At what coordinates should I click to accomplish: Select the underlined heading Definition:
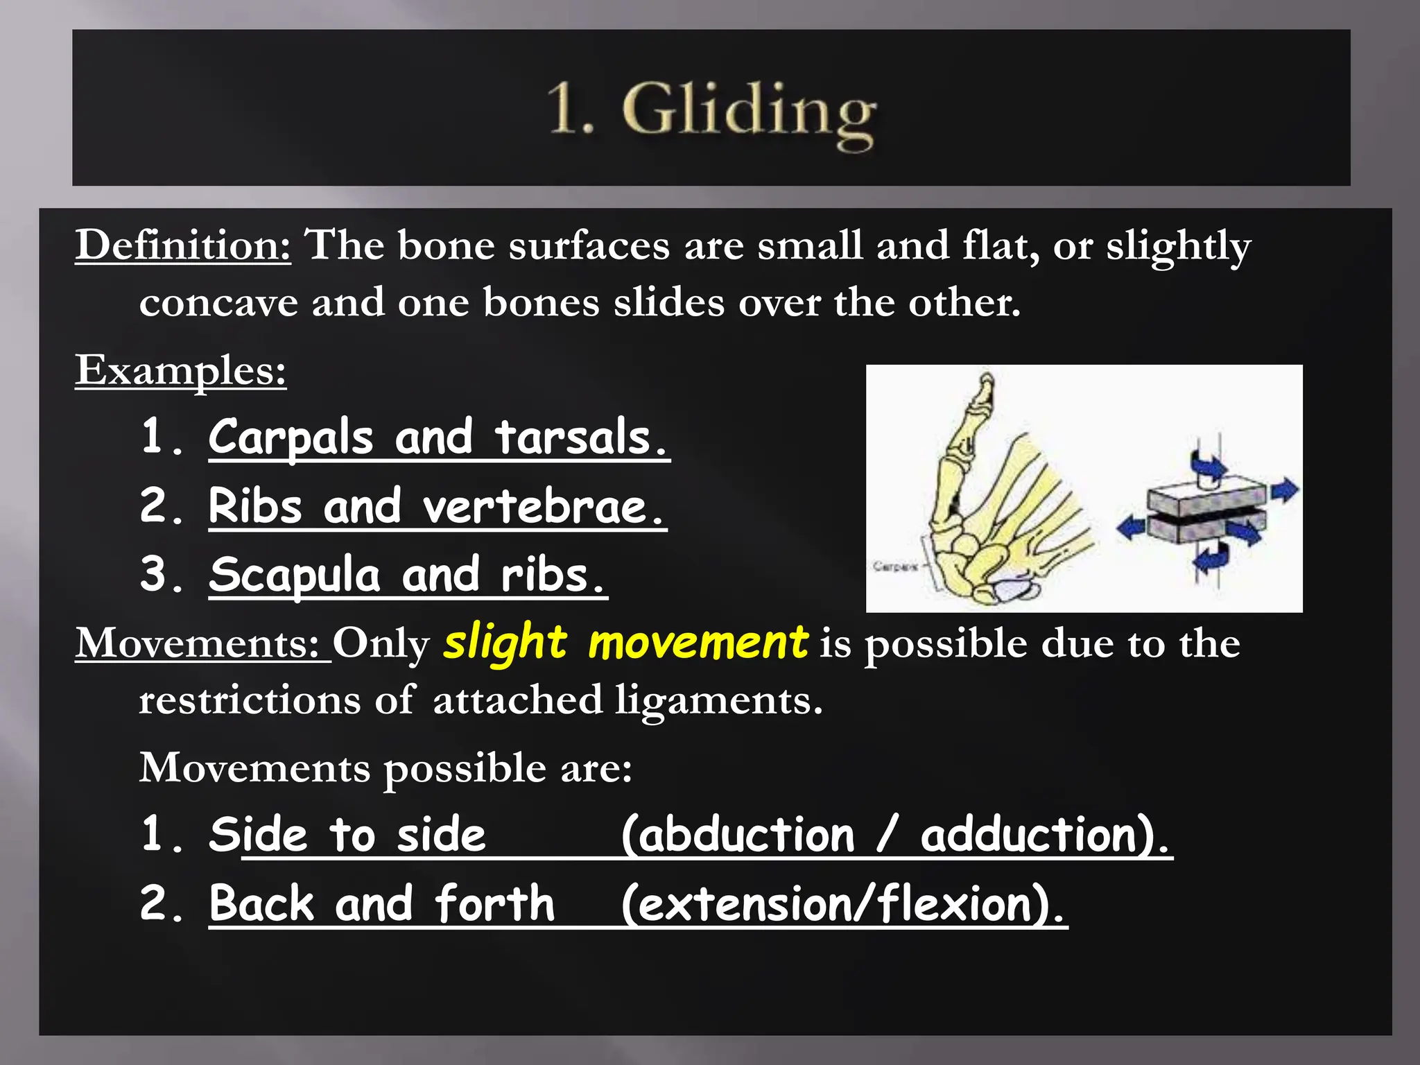click(183, 245)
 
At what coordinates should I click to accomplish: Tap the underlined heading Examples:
click(181, 371)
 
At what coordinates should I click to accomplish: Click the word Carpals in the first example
click(291, 438)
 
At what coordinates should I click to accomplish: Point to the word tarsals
click(581, 438)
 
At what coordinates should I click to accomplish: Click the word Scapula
click(295, 575)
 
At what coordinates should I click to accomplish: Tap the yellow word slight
click(505, 643)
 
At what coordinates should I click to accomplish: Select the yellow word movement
click(698, 643)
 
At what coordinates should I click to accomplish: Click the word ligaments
click(719, 701)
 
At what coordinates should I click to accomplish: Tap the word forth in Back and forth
click(495, 903)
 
